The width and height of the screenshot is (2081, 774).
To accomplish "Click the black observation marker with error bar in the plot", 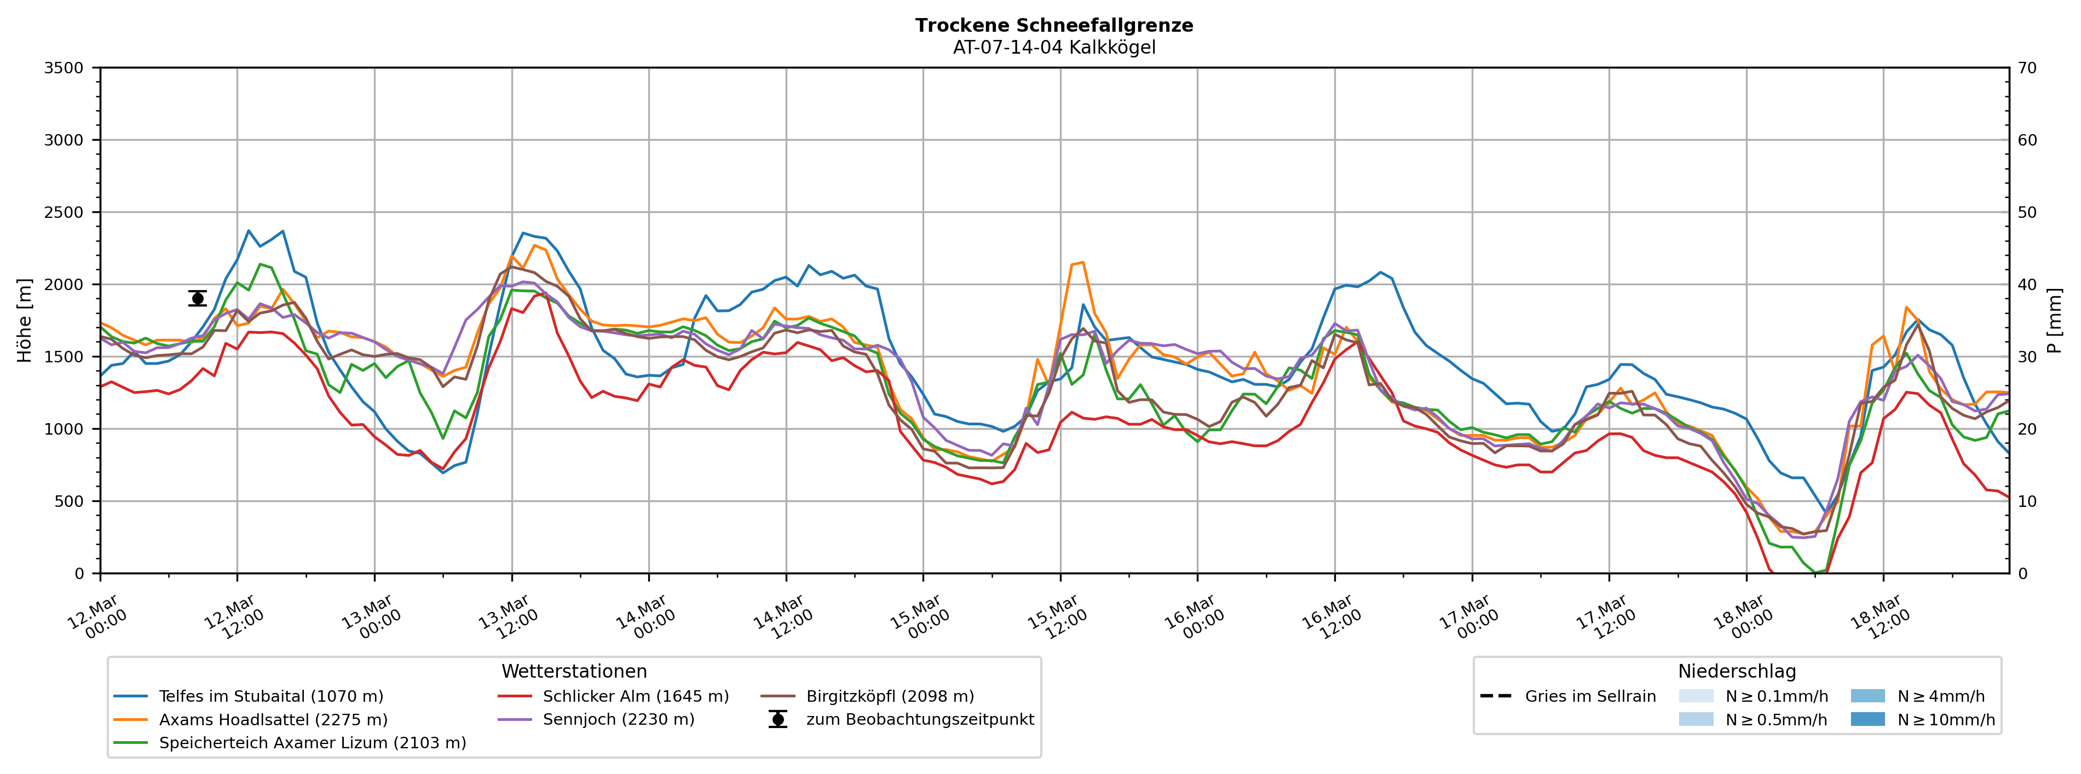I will [x=197, y=298].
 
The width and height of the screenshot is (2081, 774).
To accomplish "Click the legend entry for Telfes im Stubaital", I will [x=270, y=696].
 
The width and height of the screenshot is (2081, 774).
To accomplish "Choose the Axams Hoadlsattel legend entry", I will [x=273, y=720].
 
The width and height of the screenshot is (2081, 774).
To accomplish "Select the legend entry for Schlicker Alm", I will [x=635, y=696].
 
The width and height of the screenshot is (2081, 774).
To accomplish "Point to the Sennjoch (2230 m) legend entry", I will [x=618, y=720].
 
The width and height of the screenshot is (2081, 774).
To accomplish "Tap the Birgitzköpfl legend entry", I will [x=890, y=696].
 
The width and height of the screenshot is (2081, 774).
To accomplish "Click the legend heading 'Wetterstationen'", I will [x=574, y=672].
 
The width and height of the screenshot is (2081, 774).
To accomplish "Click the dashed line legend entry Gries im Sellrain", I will [x=1589, y=696].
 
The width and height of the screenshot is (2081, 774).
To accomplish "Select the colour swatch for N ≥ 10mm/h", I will [x=1867, y=719].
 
